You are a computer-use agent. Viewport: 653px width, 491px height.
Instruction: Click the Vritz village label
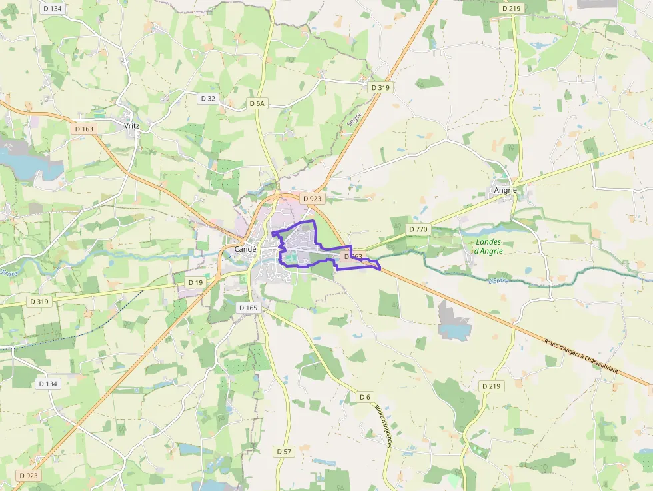click(x=131, y=125)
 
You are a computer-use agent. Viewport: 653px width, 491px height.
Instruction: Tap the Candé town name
click(x=245, y=249)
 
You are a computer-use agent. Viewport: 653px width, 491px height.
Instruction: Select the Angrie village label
click(x=506, y=190)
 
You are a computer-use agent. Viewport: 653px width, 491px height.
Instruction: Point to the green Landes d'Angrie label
click(x=489, y=246)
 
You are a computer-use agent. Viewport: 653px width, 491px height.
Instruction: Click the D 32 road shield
click(x=208, y=98)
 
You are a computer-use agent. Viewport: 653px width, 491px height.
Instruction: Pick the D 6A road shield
click(x=257, y=103)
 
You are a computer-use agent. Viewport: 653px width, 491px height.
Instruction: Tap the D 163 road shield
click(x=85, y=129)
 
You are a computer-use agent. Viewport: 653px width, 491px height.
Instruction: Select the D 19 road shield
click(x=195, y=282)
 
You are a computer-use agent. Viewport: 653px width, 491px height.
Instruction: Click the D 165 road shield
click(x=248, y=308)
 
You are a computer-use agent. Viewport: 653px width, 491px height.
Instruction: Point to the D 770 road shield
click(x=418, y=229)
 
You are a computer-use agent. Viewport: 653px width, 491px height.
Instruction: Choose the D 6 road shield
click(x=364, y=397)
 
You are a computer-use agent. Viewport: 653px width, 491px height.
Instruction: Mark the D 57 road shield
click(x=284, y=451)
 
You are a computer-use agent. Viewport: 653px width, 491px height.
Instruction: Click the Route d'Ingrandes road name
click(x=382, y=426)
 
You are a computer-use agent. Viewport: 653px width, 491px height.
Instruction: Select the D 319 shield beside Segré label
click(x=380, y=87)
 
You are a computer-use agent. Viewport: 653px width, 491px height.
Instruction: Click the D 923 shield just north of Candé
click(x=311, y=199)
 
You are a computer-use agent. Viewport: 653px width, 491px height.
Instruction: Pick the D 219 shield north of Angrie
click(x=511, y=8)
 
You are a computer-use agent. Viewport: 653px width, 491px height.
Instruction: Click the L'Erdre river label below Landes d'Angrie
click(x=498, y=280)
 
